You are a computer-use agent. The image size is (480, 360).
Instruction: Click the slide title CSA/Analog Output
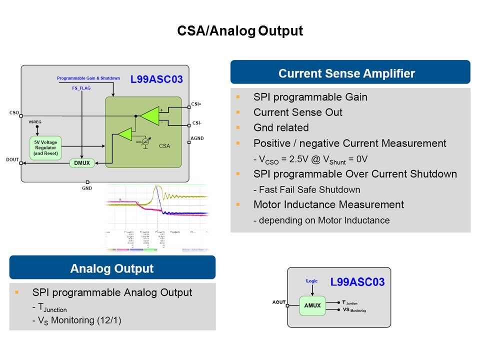click(240, 31)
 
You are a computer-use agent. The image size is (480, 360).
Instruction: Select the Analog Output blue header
click(112, 268)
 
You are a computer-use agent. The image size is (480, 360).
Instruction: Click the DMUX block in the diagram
click(81, 163)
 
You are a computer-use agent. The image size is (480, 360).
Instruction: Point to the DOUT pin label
click(13, 159)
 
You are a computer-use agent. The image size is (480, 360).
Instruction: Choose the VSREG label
click(35, 121)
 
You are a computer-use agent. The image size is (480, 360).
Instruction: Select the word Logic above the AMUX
click(311, 281)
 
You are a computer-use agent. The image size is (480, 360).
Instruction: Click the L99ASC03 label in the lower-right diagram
click(357, 282)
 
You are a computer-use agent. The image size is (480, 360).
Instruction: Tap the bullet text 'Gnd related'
click(280, 127)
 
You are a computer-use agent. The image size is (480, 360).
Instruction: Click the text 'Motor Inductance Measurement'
click(328, 204)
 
